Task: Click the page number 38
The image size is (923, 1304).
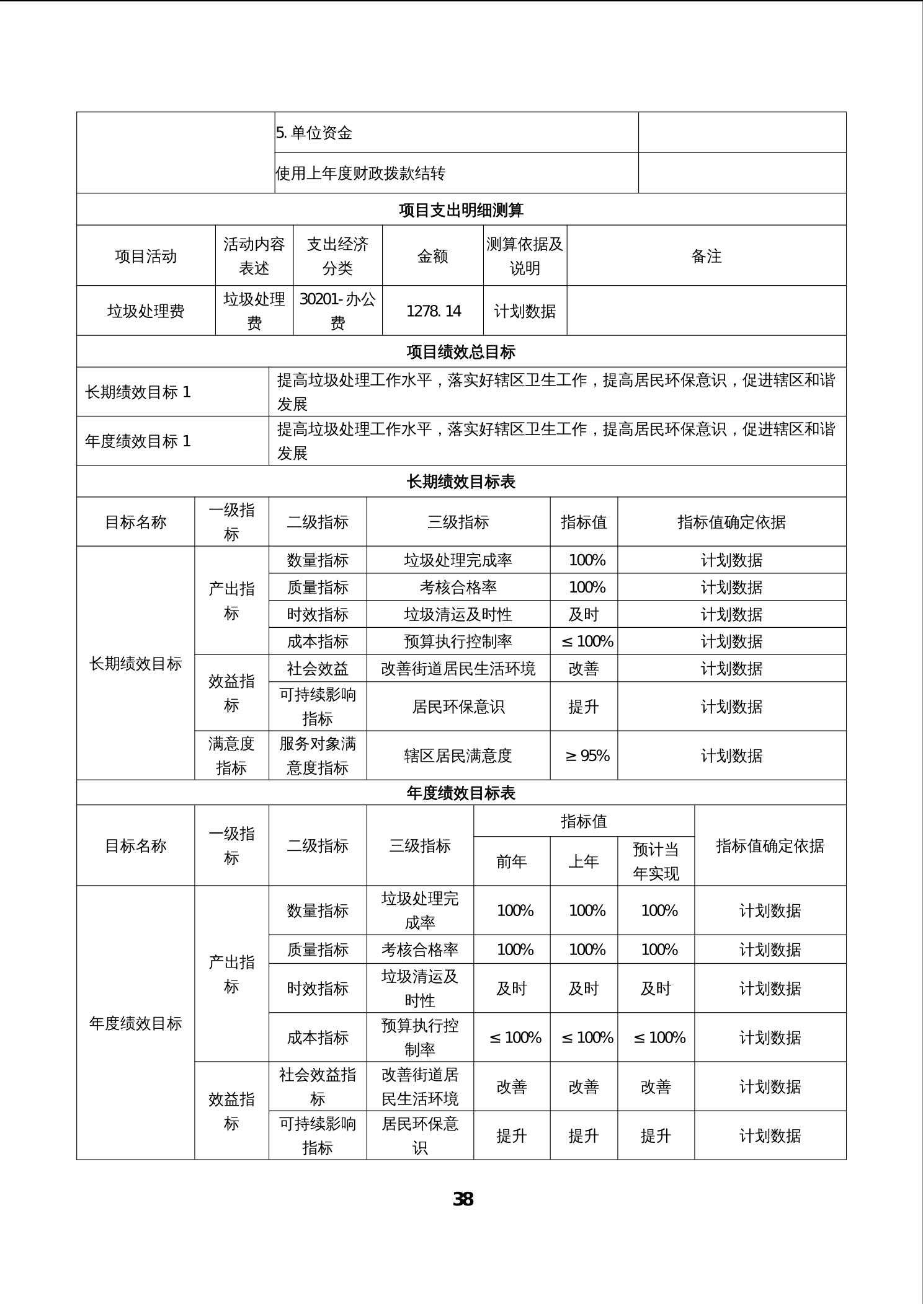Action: click(x=463, y=1199)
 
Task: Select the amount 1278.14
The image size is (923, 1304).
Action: click(x=433, y=311)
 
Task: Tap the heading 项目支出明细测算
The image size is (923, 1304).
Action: click(x=461, y=210)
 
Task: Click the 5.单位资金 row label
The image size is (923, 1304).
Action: click(x=314, y=133)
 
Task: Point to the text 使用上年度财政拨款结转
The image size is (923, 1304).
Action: click(x=360, y=173)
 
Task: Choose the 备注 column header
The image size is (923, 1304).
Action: click(x=706, y=256)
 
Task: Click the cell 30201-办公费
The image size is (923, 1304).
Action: click(x=337, y=311)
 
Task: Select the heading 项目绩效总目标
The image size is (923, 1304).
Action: click(x=461, y=352)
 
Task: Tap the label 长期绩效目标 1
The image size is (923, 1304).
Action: click(x=138, y=392)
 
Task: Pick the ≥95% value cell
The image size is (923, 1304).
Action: click(x=587, y=756)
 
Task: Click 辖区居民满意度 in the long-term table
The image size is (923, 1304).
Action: click(x=458, y=756)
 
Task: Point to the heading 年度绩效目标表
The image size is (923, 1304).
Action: click(x=461, y=793)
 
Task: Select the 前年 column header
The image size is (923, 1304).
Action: click(x=512, y=861)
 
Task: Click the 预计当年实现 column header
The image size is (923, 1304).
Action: click(x=656, y=861)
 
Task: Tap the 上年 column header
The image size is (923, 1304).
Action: click(x=584, y=861)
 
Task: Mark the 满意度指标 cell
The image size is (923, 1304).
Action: click(x=231, y=756)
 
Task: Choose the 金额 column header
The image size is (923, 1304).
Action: click(x=433, y=256)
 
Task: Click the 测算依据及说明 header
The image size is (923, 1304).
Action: click(x=525, y=256)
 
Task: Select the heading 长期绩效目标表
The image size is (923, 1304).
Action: click(x=461, y=482)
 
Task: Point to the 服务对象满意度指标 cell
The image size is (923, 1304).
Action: click(x=318, y=756)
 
